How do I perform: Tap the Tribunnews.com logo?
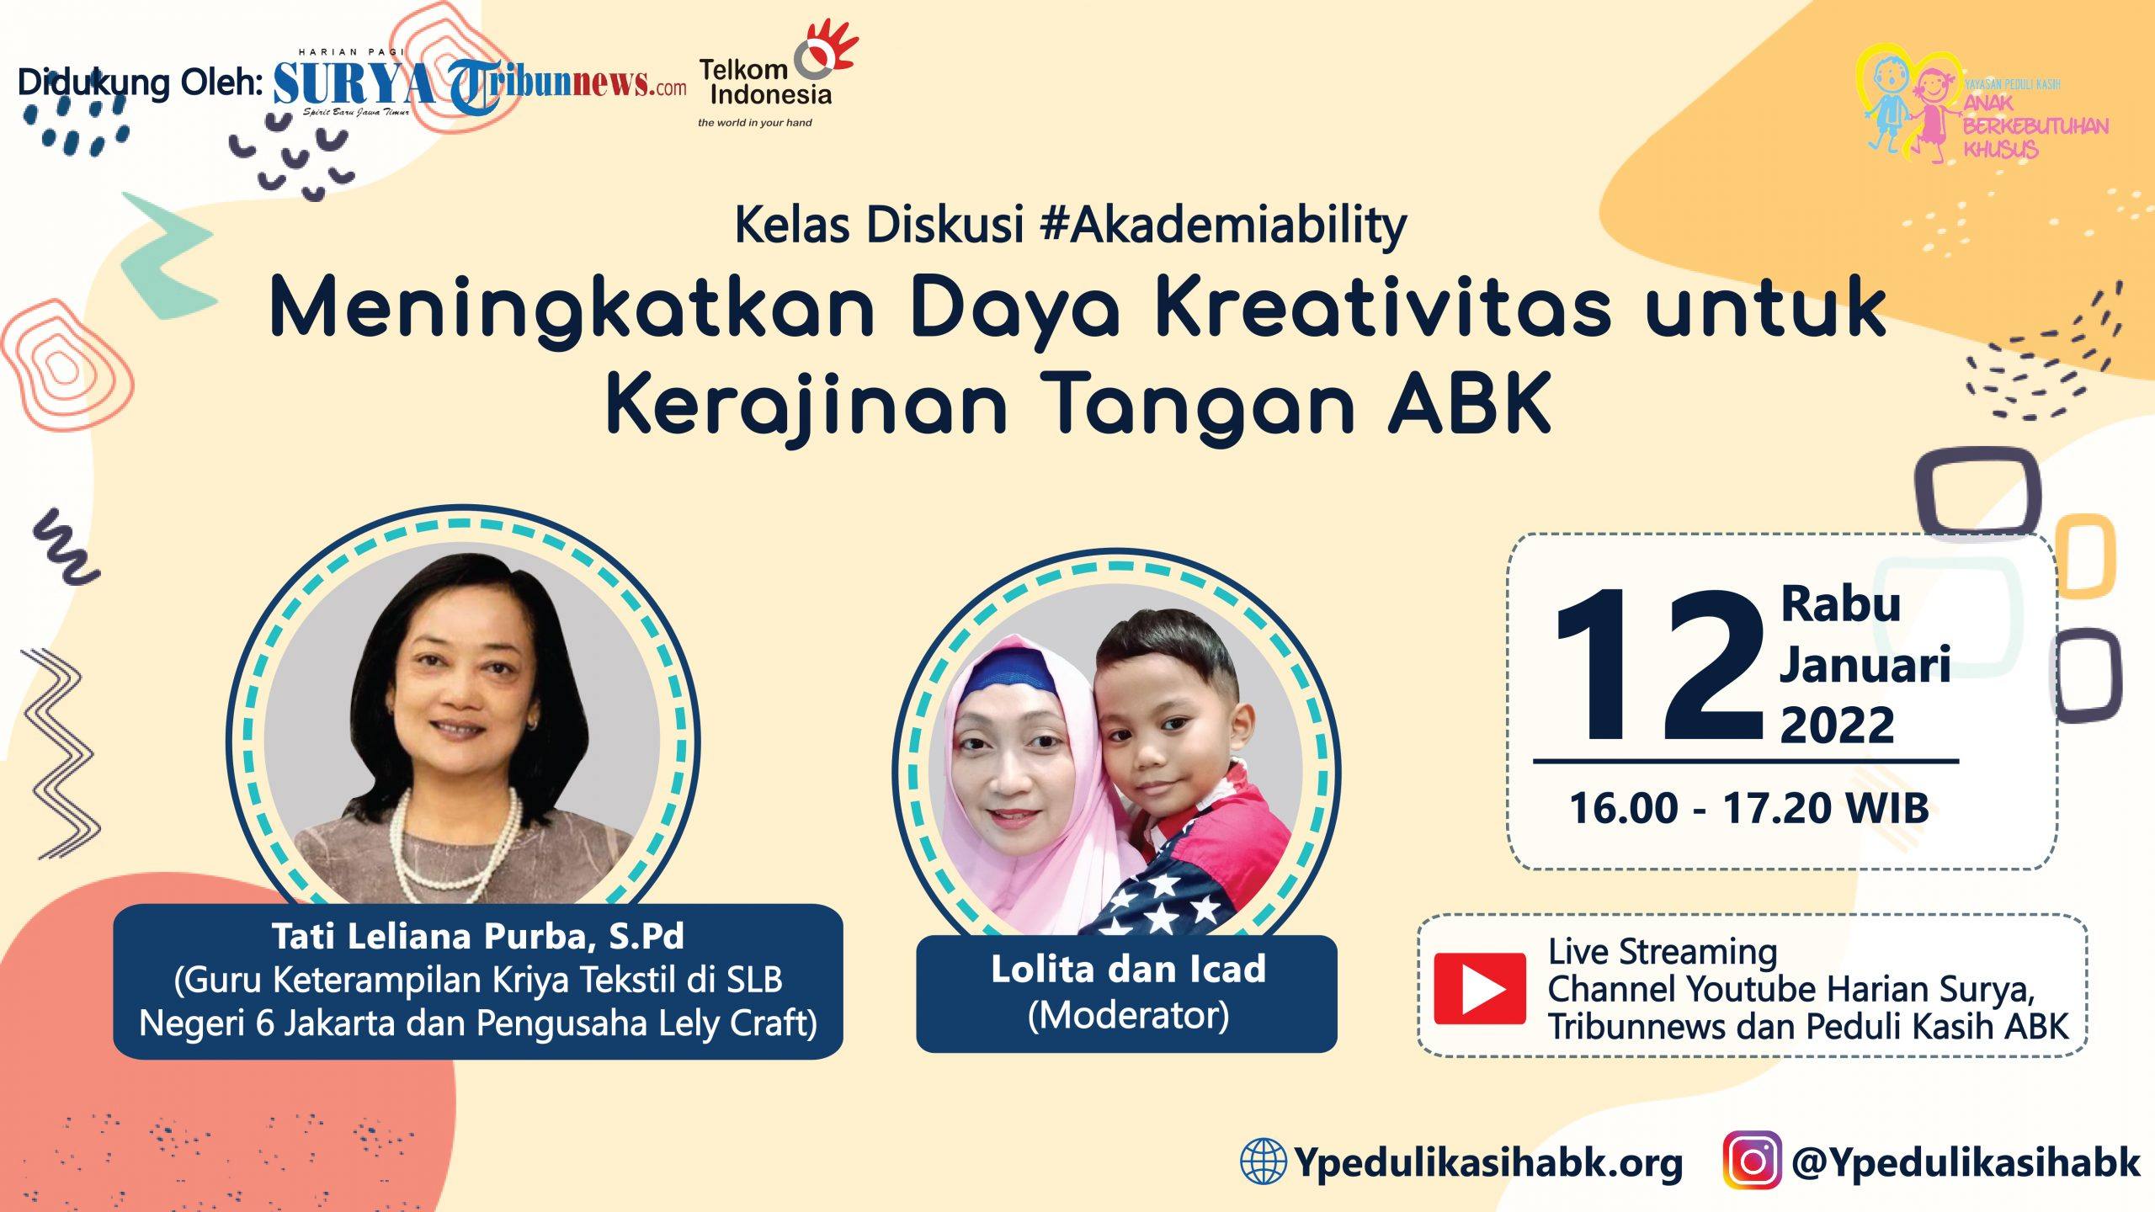click(x=568, y=85)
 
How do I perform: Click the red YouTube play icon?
click(x=1479, y=988)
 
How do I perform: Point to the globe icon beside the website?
click(x=1263, y=1161)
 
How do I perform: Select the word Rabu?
click(x=1840, y=603)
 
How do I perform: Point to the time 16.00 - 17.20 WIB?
click(x=1749, y=808)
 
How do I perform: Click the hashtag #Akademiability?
click(x=1223, y=226)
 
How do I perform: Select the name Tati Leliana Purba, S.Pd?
click(x=477, y=936)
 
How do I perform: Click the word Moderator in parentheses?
click(x=1128, y=1016)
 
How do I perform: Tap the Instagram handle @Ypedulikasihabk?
click(x=1965, y=1162)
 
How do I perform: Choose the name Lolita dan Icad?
click(x=1128, y=969)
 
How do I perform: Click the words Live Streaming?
click(x=1663, y=951)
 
